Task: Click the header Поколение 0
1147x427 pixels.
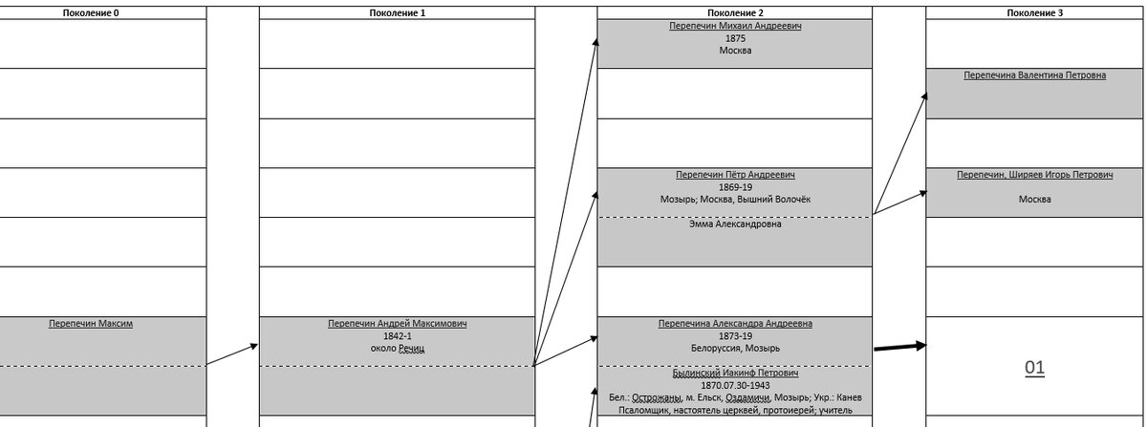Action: [x=91, y=12]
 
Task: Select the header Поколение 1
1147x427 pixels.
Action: [x=398, y=12]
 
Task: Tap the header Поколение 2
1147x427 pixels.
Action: [x=735, y=12]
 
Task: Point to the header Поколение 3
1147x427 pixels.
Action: [x=1035, y=12]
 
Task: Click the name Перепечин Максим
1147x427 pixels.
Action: [x=91, y=324]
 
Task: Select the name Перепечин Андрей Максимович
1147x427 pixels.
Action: [x=398, y=324]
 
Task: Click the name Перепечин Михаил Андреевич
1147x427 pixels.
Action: [x=735, y=26]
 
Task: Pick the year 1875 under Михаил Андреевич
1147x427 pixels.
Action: [x=735, y=38]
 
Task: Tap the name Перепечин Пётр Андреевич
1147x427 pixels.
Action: [x=735, y=175]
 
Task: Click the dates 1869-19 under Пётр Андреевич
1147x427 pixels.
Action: [x=735, y=187]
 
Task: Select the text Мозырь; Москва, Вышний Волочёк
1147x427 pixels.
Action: [x=735, y=199]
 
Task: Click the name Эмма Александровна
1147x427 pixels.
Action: [x=735, y=224]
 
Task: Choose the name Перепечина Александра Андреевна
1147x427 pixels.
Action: [x=735, y=324]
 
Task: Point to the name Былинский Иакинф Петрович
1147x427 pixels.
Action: [x=735, y=373]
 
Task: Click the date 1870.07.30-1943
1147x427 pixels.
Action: [x=735, y=386]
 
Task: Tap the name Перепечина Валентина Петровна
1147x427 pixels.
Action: [x=1035, y=75]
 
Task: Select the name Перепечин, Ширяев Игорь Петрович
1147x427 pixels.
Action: [x=1035, y=175]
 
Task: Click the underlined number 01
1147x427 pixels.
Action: [x=1035, y=368]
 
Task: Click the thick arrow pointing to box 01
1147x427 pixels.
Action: [x=900, y=347]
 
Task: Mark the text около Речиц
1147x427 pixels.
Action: [x=398, y=348]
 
